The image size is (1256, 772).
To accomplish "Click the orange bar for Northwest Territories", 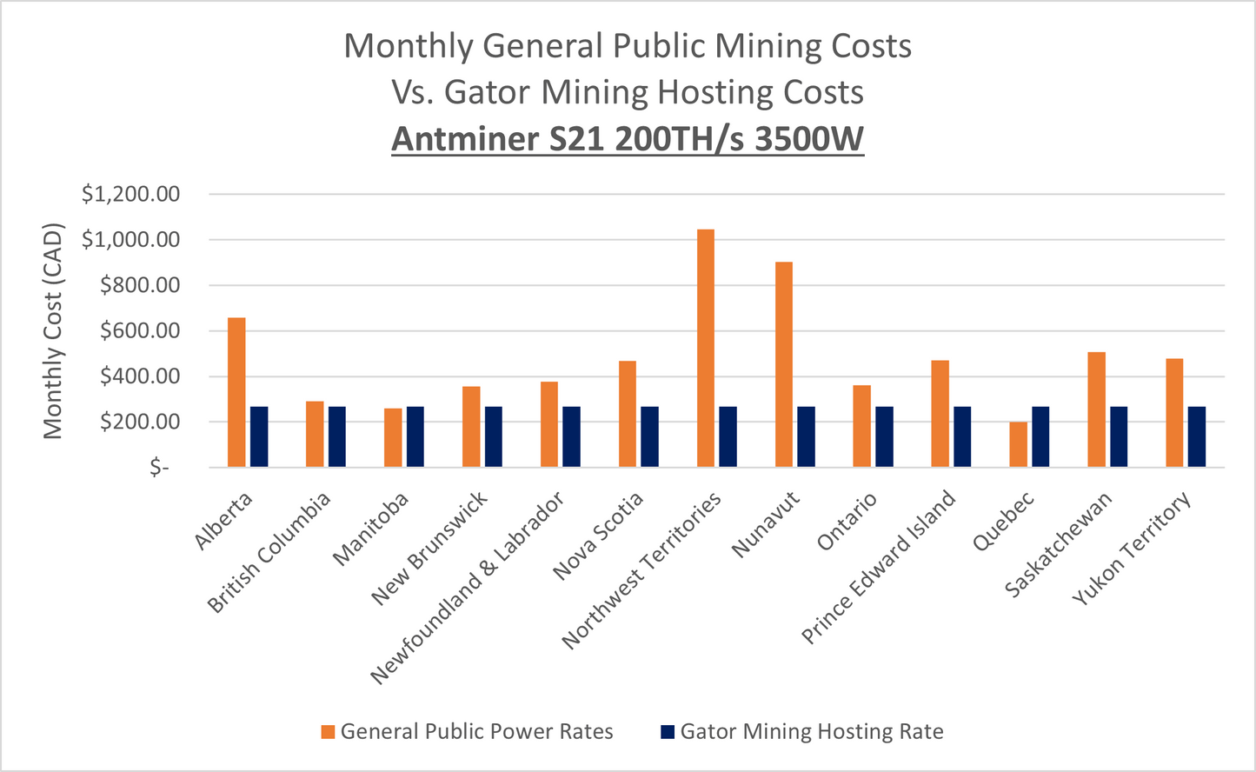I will coord(705,348).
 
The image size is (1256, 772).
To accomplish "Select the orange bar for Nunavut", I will coord(783,364).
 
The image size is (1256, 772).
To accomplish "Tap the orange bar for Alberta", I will coord(236,392).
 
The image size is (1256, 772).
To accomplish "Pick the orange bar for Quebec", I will coord(1018,444).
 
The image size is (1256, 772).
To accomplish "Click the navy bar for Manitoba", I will coord(415,436).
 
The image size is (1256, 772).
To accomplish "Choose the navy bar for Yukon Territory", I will coord(1197,436).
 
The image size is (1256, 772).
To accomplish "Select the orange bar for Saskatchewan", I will coord(1096,409).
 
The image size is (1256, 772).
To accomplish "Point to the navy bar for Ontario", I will coord(884,436).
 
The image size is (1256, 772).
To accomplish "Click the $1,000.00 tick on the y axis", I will coord(130,240).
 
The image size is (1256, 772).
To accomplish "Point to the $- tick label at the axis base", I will coord(159,468).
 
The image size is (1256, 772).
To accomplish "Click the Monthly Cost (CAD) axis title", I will coord(54,330).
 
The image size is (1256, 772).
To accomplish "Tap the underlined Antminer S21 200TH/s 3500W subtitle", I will coord(628,139).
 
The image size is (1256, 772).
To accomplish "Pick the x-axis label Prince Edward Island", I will coord(878,567).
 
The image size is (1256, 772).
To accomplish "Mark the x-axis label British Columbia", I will coord(269,552).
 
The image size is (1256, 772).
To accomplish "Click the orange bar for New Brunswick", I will coord(471,427).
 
